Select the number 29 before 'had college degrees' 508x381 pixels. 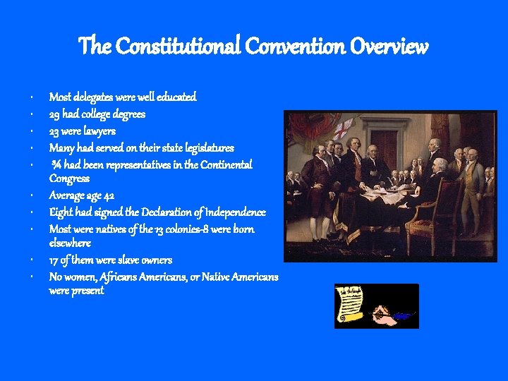point(54,114)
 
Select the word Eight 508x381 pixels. point(60,212)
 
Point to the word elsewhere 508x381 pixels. point(70,243)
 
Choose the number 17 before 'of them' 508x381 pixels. point(54,260)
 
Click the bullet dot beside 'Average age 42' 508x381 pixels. point(33,196)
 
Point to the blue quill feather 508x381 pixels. point(403,316)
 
